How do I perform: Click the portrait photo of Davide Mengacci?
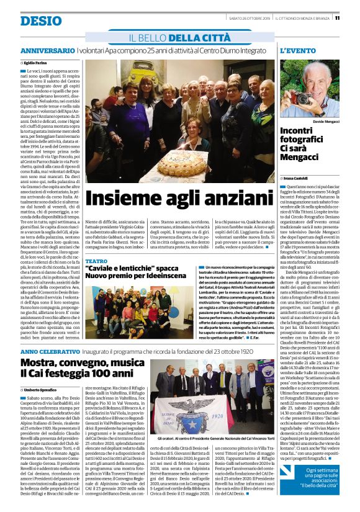click(308, 89)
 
